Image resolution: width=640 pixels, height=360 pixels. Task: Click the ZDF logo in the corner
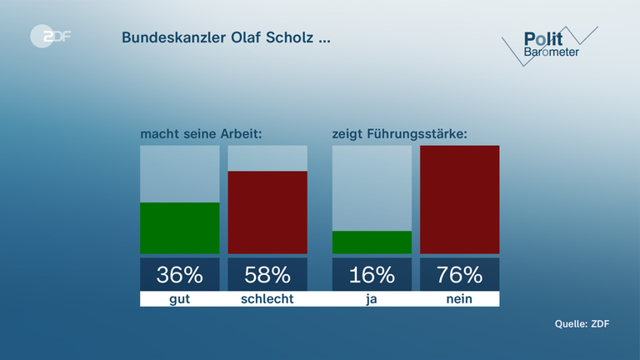(50, 37)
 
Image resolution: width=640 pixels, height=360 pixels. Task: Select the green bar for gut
(179, 227)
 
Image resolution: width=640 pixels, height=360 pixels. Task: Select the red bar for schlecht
(267, 212)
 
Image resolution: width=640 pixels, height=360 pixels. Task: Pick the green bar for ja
(372, 242)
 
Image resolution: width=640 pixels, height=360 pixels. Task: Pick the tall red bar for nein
(459, 199)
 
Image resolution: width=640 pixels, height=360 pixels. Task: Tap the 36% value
(179, 274)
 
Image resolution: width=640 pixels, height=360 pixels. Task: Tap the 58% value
(267, 274)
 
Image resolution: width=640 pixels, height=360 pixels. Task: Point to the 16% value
(372, 274)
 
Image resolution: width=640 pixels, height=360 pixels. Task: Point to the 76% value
(459, 274)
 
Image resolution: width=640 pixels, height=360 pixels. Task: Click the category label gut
(179, 298)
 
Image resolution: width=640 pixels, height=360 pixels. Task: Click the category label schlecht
(267, 298)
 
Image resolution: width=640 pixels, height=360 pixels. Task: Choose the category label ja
(372, 298)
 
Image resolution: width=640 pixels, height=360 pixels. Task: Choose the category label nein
(459, 298)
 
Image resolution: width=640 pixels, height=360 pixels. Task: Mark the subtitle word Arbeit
(242, 133)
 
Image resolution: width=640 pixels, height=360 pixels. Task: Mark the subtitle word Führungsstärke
(421, 133)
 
